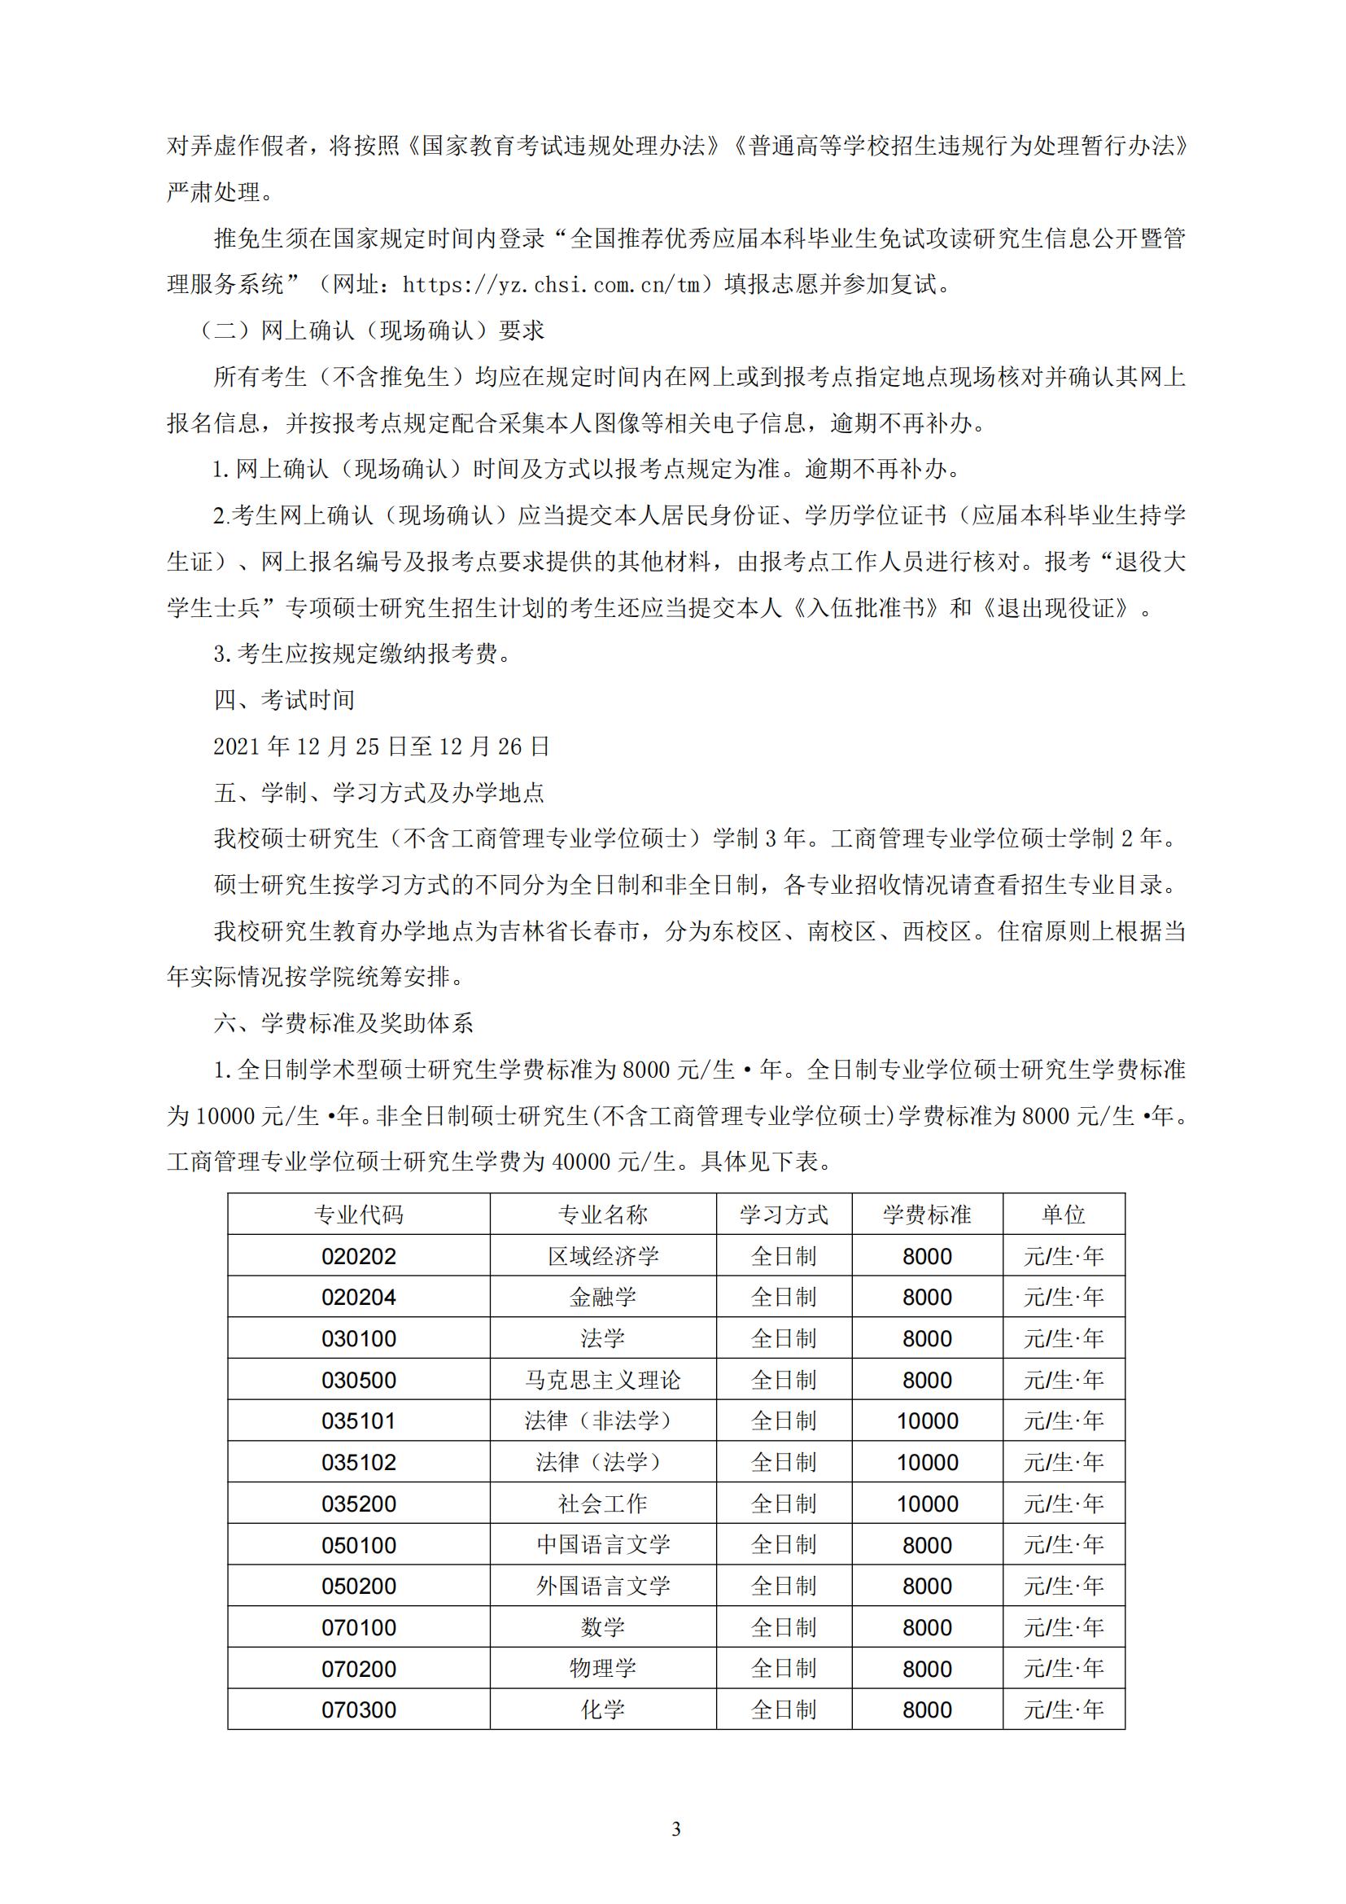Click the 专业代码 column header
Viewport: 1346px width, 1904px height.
pos(358,1215)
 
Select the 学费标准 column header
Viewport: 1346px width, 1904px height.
pos(927,1215)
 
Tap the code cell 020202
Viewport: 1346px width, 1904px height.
pos(358,1256)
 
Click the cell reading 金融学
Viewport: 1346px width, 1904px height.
pos(602,1297)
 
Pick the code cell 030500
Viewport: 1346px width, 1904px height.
pos(358,1380)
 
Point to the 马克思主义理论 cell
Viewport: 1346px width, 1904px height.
pos(602,1380)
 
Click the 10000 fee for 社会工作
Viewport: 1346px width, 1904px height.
pos(927,1504)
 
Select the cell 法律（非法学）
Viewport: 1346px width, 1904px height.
pos(602,1420)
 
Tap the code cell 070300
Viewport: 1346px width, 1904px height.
pos(358,1709)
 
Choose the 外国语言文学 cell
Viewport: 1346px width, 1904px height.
pos(602,1586)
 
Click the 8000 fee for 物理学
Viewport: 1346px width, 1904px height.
pos(927,1669)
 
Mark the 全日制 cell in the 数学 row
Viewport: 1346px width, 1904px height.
pos(783,1627)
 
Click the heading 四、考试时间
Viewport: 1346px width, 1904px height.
pos(284,700)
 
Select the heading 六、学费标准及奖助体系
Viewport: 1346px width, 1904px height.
pos(343,1022)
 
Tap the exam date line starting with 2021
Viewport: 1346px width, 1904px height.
pos(381,746)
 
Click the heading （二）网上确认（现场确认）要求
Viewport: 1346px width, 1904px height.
pos(372,330)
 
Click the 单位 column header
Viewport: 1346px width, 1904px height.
pos(1064,1215)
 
